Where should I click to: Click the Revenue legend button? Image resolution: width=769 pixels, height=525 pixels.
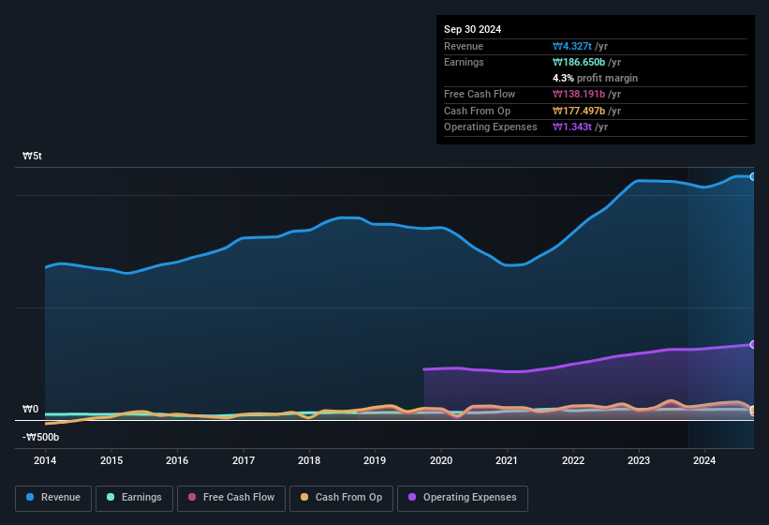[53, 497]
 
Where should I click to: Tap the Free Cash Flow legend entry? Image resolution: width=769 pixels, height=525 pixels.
[230, 497]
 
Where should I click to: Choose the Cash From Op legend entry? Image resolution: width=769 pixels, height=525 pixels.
[341, 497]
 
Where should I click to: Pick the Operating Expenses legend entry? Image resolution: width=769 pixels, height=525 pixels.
[463, 497]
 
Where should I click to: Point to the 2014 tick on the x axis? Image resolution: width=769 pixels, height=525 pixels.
[45, 460]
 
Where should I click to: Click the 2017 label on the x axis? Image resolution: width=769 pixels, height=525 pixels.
[244, 460]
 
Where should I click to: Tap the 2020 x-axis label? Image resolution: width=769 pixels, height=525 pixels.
[441, 460]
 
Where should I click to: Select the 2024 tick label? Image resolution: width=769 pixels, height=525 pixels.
[704, 460]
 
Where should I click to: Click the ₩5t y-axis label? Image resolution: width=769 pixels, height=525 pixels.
[32, 157]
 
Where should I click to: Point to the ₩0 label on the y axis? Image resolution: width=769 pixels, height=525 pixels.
[30, 410]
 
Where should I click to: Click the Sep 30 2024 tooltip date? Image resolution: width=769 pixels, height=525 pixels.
[472, 29]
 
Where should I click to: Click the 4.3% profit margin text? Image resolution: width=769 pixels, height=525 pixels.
[595, 78]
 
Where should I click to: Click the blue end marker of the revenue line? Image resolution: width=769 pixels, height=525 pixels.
[753, 176]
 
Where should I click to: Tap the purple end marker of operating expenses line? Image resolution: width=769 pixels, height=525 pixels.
[753, 344]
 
